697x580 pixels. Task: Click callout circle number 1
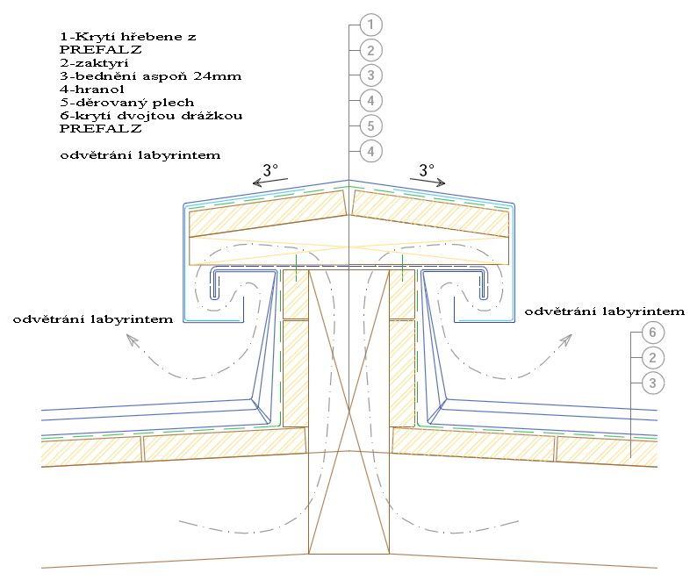pos(370,25)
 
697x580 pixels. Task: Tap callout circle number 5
pos(370,126)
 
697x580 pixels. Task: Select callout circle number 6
pos(652,333)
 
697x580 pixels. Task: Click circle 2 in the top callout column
pos(370,50)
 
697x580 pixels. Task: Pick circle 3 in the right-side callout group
pos(652,383)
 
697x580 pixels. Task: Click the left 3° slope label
pos(270,169)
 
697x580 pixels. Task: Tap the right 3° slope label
pos(427,169)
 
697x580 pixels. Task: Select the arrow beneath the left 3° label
pos(270,182)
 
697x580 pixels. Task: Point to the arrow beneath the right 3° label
pos(428,182)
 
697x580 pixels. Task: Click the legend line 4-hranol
pos(92,90)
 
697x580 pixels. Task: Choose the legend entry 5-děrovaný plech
pos(127,103)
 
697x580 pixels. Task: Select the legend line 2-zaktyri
pos(94,63)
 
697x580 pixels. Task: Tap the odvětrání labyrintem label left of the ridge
pos(93,319)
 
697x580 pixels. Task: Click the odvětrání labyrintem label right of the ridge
pos(605,311)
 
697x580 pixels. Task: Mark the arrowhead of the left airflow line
pos(132,340)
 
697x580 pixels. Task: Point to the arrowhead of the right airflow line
pos(566,340)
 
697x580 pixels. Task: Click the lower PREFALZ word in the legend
pos(100,129)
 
